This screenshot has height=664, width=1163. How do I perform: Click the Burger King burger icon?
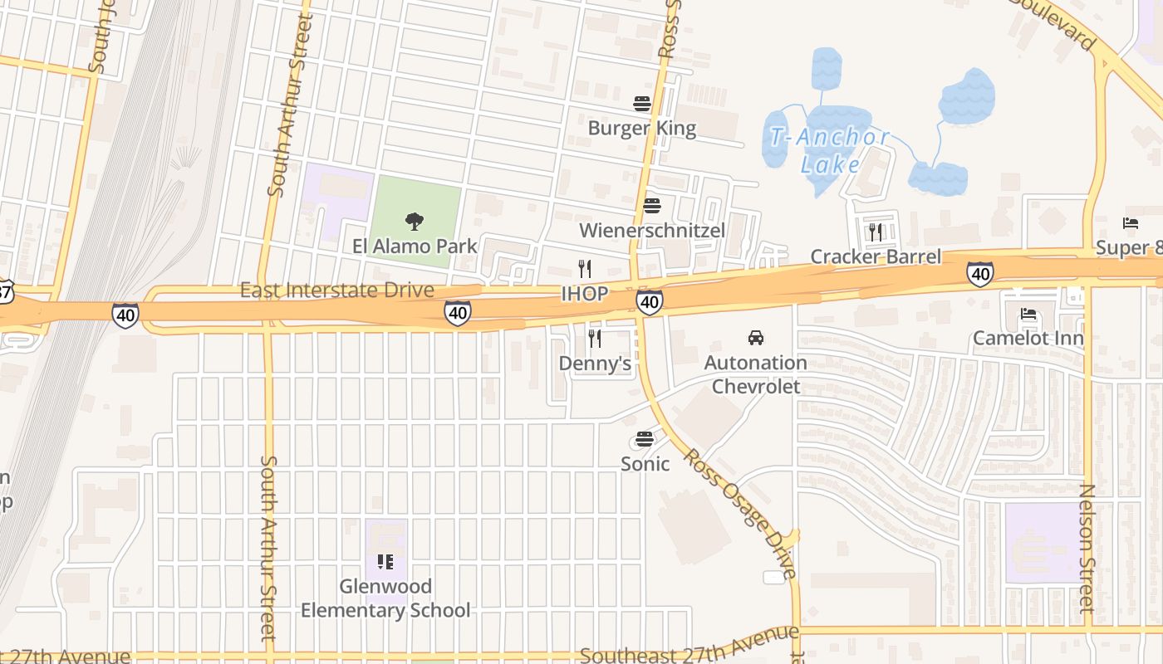pyautogui.click(x=641, y=104)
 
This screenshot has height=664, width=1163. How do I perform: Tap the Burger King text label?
pyautogui.click(x=641, y=128)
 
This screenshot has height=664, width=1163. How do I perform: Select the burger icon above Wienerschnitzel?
pyautogui.click(x=652, y=206)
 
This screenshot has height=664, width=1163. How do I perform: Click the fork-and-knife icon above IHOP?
pyautogui.click(x=585, y=268)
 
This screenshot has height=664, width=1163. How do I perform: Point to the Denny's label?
pyautogui.click(x=595, y=364)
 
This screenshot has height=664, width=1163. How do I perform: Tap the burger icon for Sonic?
pyautogui.click(x=645, y=439)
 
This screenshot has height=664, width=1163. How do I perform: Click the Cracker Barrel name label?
pyautogui.click(x=876, y=256)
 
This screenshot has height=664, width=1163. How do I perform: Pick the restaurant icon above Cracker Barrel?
pyautogui.click(x=876, y=232)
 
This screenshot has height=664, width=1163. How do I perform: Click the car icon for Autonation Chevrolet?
pyautogui.click(x=756, y=338)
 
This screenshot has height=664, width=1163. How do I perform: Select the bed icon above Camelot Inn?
pyautogui.click(x=1028, y=314)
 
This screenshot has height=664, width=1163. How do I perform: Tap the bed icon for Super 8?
pyautogui.click(x=1131, y=223)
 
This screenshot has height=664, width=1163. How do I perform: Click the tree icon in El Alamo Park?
pyautogui.click(x=415, y=221)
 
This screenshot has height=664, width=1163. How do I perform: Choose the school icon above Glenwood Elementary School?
pyautogui.click(x=385, y=562)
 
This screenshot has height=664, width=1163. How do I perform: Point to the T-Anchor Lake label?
pyautogui.click(x=829, y=150)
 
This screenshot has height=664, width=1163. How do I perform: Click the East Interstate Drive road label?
pyautogui.click(x=336, y=290)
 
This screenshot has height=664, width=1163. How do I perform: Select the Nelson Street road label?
pyautogui.click(x=1087, y=548)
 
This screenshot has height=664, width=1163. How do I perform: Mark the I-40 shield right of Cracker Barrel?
pyautogui.click(x=980, y=273)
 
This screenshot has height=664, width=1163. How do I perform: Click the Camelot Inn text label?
pyautogui.click(x=1028, y=338)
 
